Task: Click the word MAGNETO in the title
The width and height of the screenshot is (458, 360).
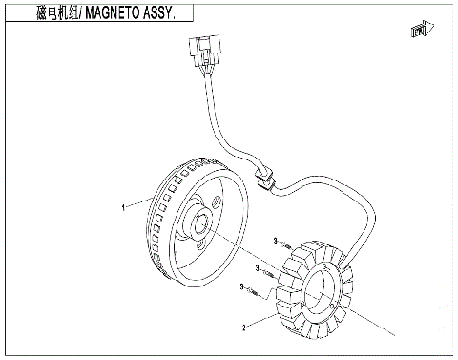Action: pyautogui.click(x=97, y=13)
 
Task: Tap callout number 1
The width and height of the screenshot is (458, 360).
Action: pyautogui.click(x=123, y=205)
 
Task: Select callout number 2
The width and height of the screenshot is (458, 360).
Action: pyautogui.click(x=244, y=328)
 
